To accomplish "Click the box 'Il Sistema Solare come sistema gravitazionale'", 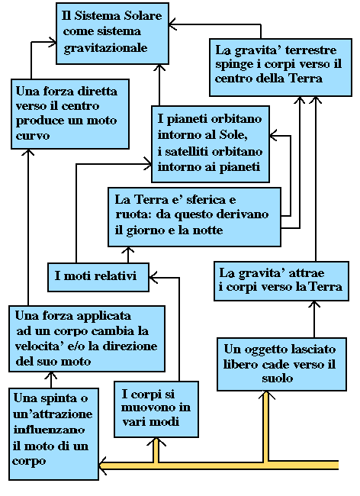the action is tap(112, 34).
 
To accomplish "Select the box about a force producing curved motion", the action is tap(70, 114).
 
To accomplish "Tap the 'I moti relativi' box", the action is tap(98, 277).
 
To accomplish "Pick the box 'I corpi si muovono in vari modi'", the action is tap(156, 409).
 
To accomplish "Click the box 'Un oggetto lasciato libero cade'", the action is tap(281, 364).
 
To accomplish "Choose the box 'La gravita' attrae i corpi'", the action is tap(281, 281).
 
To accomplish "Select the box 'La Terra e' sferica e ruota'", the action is tap(194, 217).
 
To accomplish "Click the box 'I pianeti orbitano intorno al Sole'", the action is tap(211, 144).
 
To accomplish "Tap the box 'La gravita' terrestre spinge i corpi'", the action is tap(281, 67).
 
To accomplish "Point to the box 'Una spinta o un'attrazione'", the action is tap(53, 433).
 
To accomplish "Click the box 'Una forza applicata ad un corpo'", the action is tap(87, 339).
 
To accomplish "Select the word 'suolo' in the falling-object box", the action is tap(277, 378).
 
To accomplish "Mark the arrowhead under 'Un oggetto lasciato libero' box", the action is tap(266, 395).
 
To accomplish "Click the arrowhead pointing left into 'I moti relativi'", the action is tap(153, 278).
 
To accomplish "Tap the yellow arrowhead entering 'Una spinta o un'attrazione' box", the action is tap(103, 465).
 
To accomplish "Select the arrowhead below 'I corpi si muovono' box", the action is tap(156, 442).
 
